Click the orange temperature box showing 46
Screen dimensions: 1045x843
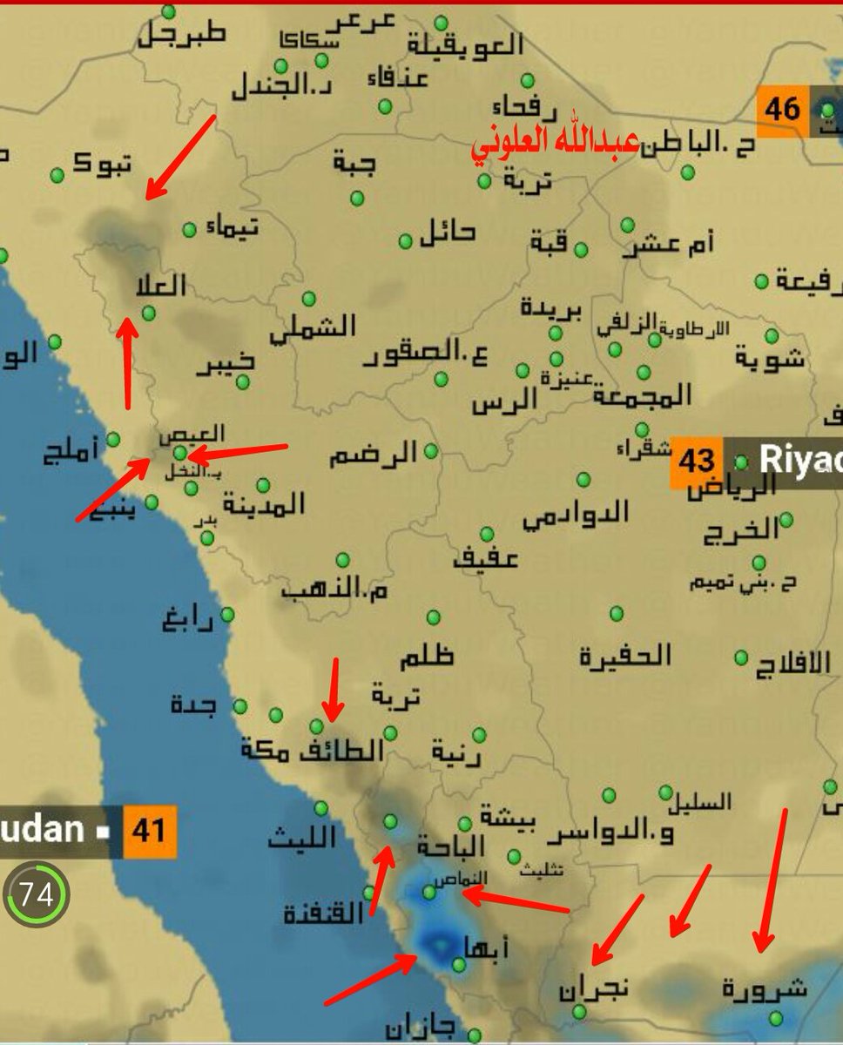(x=782, y=111)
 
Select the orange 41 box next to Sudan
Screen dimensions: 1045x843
(x=149, y=830)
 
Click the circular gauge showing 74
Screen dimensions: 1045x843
(x=36, y=894)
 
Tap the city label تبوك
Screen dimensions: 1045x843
(x=103, y=163)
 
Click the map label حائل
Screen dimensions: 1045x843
(x=448, y=232)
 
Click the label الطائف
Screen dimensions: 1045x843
(x=341, y=749)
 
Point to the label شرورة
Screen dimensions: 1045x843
(x=765, y=989)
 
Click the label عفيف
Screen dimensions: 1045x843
(x=484, y=558)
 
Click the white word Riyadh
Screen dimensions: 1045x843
(x=799, y=461)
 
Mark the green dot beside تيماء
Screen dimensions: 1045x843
(x=189, y=230)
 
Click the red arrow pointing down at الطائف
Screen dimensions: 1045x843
(x=332, y=688)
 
